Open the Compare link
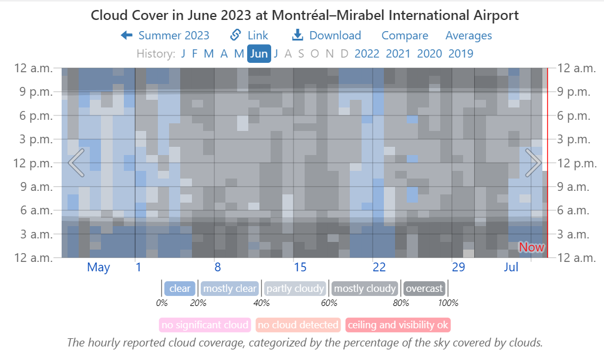pos(404,36)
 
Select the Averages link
pos(468,36)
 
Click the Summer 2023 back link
pos(165,36)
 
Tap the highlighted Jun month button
pos(259,54)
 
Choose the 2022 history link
pos(367,54)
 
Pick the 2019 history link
pos(460,54)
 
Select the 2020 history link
pos(429,54)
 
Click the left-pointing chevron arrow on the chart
pos(76,163)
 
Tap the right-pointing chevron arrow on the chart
pos(533,163)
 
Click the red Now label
pos(531,247)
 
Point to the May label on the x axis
pos(99,268)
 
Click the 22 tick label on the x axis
pos(379,268)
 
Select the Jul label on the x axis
pos(511,268)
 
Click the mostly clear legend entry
pos(230,289)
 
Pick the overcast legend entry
pos(424,289)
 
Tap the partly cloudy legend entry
pos(295,289)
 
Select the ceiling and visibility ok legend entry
pos(398,325)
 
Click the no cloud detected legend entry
pos(298,325)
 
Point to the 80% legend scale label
pos(401,303)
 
